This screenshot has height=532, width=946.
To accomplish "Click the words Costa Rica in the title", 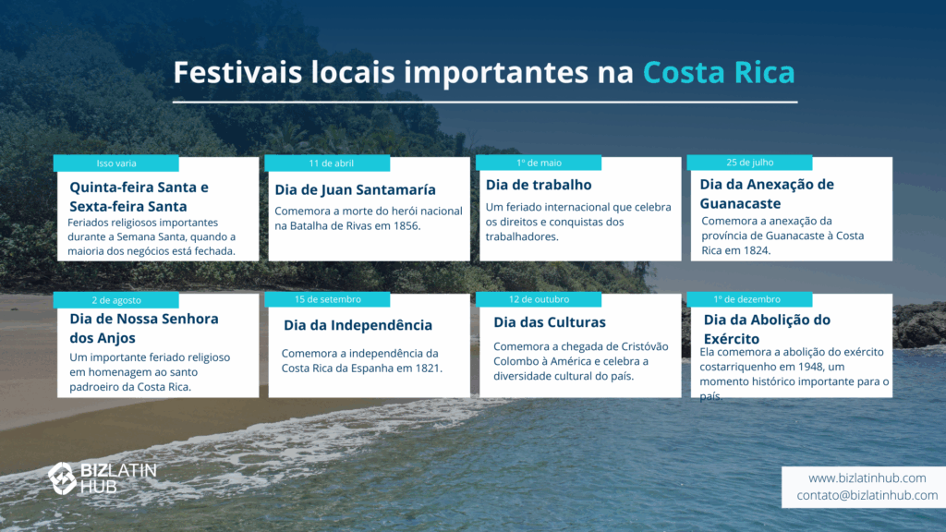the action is tap(719, 72).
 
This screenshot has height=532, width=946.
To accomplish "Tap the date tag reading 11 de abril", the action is tap(327, 163).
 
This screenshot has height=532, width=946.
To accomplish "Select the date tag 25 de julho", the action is tap(749, 163).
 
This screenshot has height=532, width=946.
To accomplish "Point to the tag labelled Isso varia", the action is tap(115, 163).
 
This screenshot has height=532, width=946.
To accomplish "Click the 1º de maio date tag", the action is tap(539, 163).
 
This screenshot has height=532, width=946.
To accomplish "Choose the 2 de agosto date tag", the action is tap(115, 300).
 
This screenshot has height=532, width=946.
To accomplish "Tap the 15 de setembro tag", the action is tap(327, 300).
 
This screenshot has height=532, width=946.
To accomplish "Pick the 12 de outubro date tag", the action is tap(539, 300).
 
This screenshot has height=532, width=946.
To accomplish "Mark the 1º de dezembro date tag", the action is tap(749, 300).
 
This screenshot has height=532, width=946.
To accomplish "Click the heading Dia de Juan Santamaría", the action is tap(355, 190).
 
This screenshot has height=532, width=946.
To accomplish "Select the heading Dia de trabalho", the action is tap(539, 185).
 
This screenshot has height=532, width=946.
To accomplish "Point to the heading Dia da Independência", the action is tap(358, 325).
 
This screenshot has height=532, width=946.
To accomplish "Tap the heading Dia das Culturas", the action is tap(549, 322).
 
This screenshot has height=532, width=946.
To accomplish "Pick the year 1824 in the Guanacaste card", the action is tap(756, 250).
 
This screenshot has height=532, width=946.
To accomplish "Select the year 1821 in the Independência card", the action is tap(428, 369).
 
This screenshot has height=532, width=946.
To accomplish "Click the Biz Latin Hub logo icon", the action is tap(62, 478).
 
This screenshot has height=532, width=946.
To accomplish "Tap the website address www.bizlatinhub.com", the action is tap(867, 478).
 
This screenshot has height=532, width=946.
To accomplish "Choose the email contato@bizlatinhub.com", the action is tap(867, 495).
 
